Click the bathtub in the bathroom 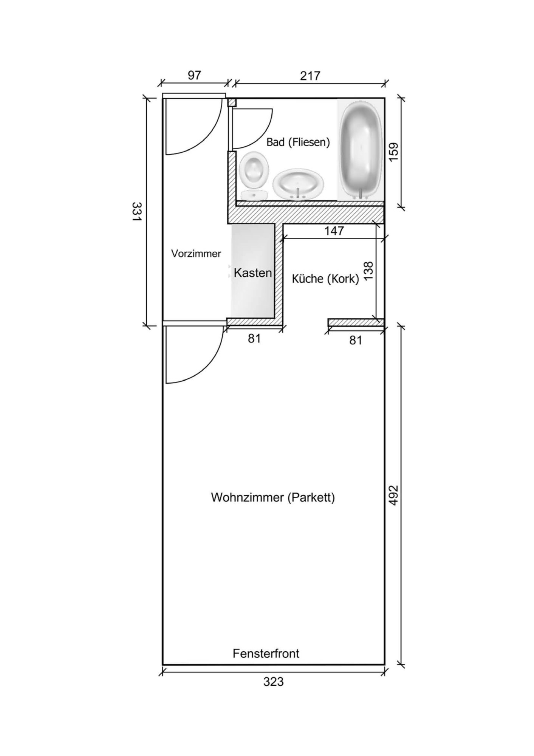click(x=361, y=150)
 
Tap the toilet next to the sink click(x=254, y=175)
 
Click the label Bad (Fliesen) click(x=298, y=143)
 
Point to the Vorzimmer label click(x=196, y=254)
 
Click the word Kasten click(x=253, y=273)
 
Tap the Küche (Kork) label click(x=325, y=279)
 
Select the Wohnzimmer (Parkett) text click(x=273, y=497)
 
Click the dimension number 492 click(x=393, y=496)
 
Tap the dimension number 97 click(x=194, y=76)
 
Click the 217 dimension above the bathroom click(x=310, y=76)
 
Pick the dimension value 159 click(x=393, y=152)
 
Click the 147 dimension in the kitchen click(x=334, y=231)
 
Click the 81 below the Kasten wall click(x=254, y=338)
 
